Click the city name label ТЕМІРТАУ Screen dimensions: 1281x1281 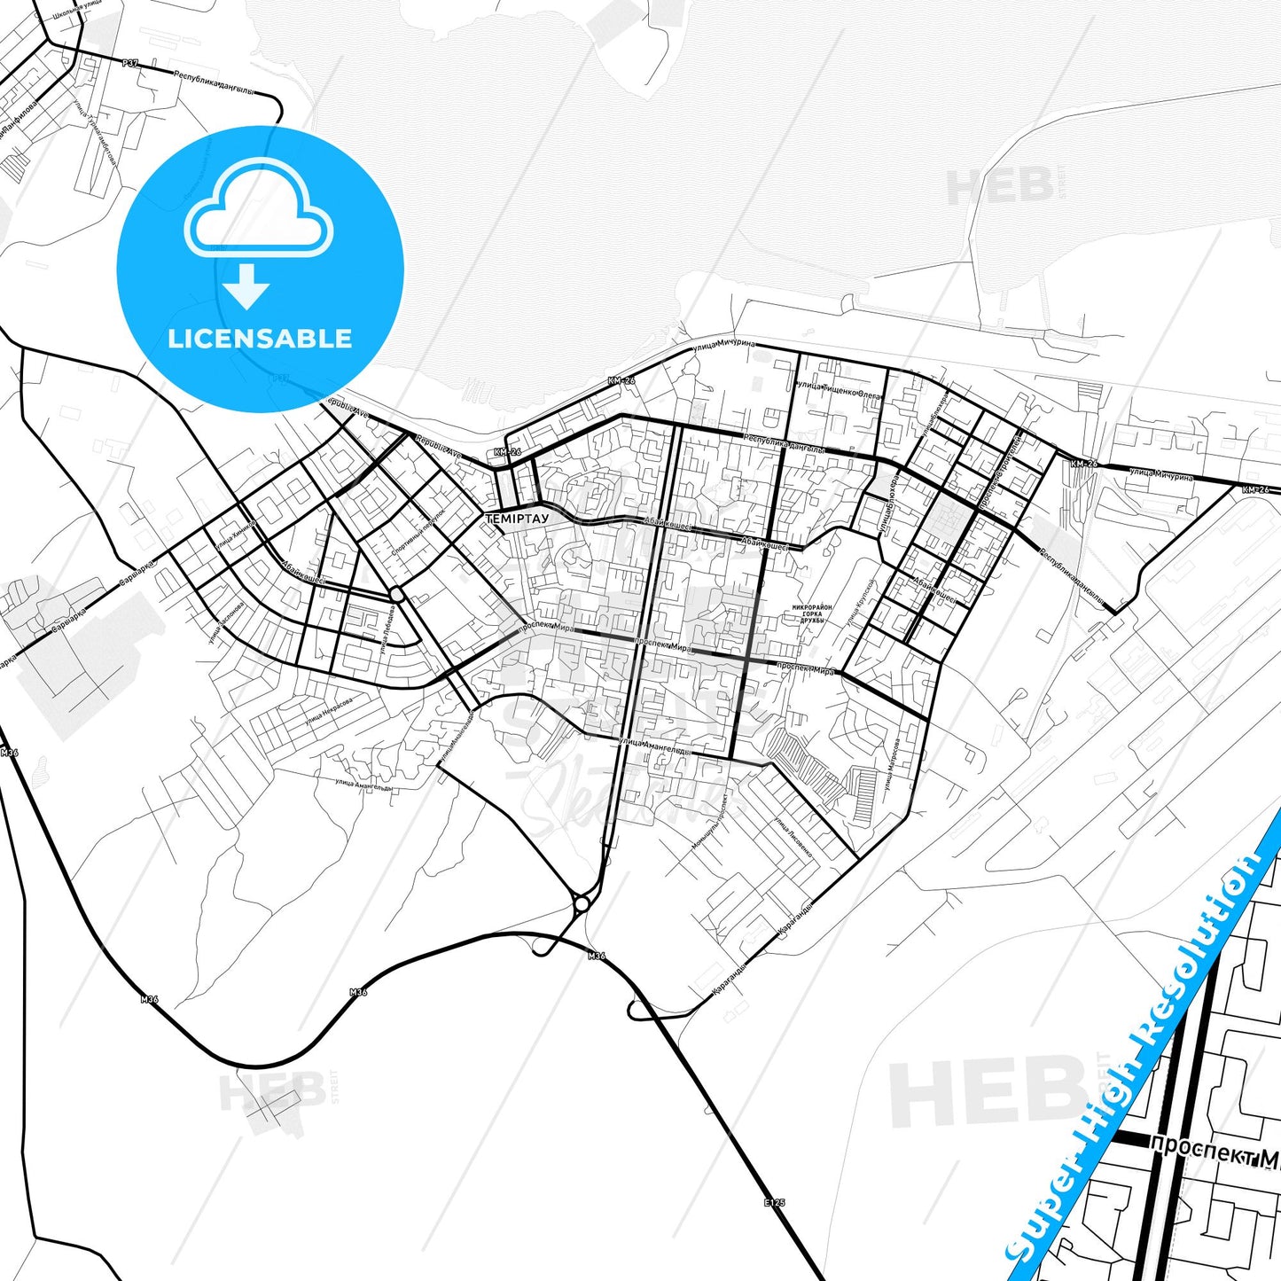click(x=517, y=518)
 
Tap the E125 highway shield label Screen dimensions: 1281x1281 click(x=774, y=1203)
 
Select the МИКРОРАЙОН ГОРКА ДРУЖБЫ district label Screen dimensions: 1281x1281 click(x=811, y=613)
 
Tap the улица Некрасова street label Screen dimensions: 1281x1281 click(x=329, y=709)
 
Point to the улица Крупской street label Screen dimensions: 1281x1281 click(x=860, y=605)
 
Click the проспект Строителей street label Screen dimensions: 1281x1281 click(x=1003, y=470)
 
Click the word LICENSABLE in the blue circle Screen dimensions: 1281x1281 click(x=260, y=339)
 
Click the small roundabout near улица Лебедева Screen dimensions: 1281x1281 click(x=396, y=594)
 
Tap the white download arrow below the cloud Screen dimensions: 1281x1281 click(x=246, y=286)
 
